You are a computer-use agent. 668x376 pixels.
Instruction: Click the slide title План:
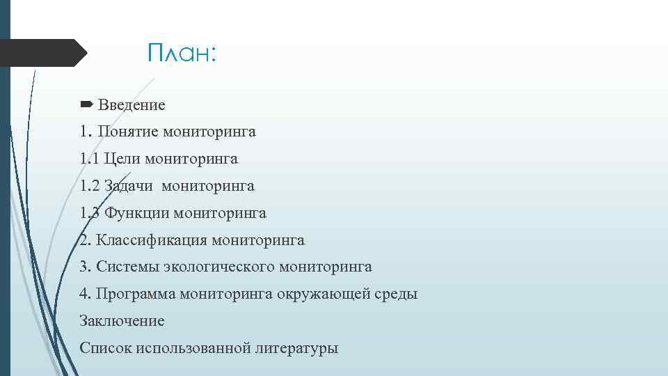click(x=183, y=54)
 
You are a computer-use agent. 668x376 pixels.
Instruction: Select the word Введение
click(x=132, y=105)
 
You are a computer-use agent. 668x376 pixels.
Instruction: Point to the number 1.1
click(x=89, y=159)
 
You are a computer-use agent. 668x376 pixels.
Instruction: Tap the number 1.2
click(x=90, y=186)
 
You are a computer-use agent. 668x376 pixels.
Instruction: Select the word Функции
click(x=137, y=213)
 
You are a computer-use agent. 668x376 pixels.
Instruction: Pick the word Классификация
click(x=151, y=240)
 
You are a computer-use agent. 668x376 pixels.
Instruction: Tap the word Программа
click(x=136, y=294)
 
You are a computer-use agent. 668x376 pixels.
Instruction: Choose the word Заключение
click(x=122, y=321)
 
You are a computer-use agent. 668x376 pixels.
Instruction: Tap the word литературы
click(x=296, y=348)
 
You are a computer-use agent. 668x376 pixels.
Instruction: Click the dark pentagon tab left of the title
click(x=42, y=53)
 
